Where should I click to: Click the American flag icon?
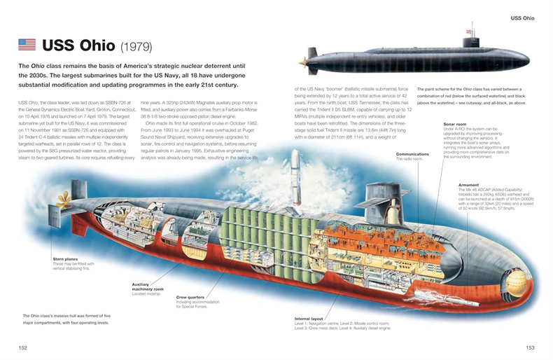(27, 46)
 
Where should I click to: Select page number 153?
(530, 347)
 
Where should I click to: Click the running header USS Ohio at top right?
(522, 18)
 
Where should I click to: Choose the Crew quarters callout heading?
(190, 297)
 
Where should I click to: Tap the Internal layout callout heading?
(308, 319)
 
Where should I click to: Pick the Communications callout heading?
(412, 153)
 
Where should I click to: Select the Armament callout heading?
(468, 185)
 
